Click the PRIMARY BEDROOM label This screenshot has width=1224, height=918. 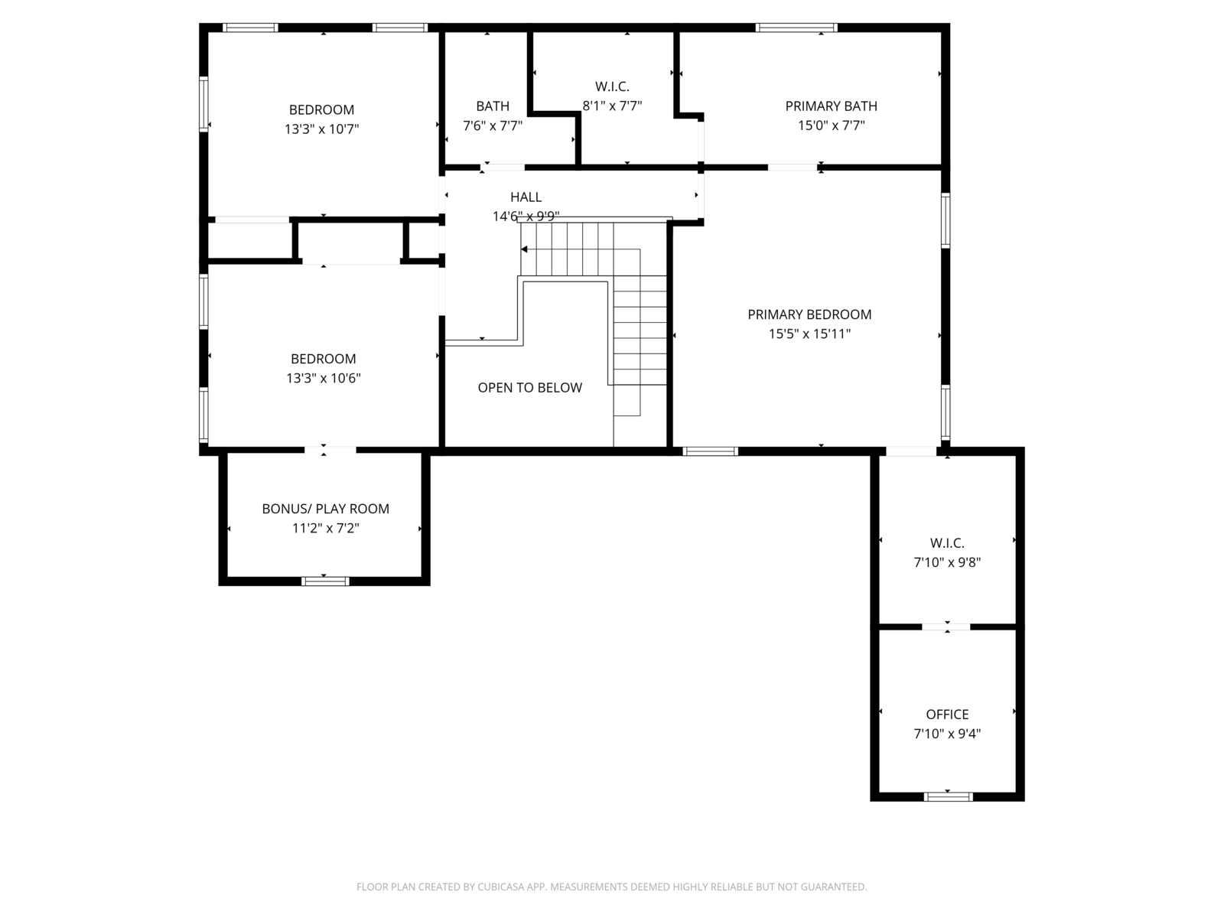pyautogui.click(x=809, y=314)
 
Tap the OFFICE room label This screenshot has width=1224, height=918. pyautogui.click(x=947, y=714)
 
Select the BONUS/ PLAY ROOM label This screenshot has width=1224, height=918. pyautogui.click(x=326, y=508)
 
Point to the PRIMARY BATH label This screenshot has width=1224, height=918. pyautogui.click(x=831, y=106)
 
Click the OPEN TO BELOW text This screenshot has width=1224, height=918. pyautogui.click(x=529, y=387)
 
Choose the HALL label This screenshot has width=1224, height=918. pyautogui.click(x=526, y=197)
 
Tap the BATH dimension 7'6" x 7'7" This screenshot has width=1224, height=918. pyautogui.click(x=493, y=125)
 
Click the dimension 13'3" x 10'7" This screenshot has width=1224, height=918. pyautogui.click(x=322, y=129)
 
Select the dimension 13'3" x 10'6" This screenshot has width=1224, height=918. pyautogui.click(x=324, y=378)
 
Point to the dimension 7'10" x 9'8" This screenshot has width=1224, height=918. pyautogui.click(x=947, y=562)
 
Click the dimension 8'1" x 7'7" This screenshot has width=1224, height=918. pyautogui.click(x=612, y=106)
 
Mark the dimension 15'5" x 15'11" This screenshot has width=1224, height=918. pyautogui.click(x=809, y=334)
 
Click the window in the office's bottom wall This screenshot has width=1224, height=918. pyautogui.click(x=948, y=796)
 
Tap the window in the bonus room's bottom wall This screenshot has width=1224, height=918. pyautogui.click(x=325, y=581)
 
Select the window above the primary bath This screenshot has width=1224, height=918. pyautogui.click(x=796, y=28)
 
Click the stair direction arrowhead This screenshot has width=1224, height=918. pyautogui.click(x=524, y=249)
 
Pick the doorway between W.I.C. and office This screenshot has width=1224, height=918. pyautogui.click(x=946, y=627)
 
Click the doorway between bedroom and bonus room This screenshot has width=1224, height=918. pyautogui.click(x=330, y=450)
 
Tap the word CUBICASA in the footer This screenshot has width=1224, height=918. pyautogui.click(x=501, y=886)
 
